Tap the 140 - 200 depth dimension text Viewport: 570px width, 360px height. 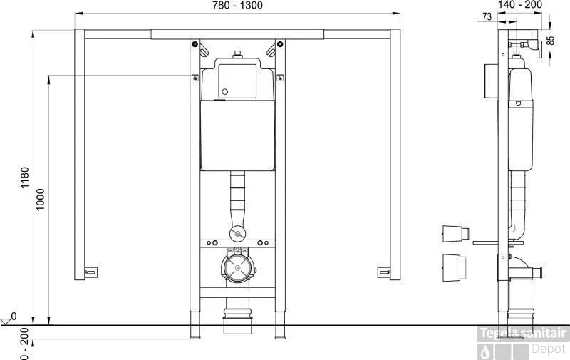coord(521,5)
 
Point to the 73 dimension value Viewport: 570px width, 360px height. coord(487,16)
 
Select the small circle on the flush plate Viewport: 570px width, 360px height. coord(225,91)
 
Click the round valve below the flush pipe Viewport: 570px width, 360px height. coord(237,232)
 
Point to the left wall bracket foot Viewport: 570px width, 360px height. coord(90,272)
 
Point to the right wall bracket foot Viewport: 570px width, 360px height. coord(384,272)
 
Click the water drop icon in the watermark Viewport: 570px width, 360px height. coord(487,351)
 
